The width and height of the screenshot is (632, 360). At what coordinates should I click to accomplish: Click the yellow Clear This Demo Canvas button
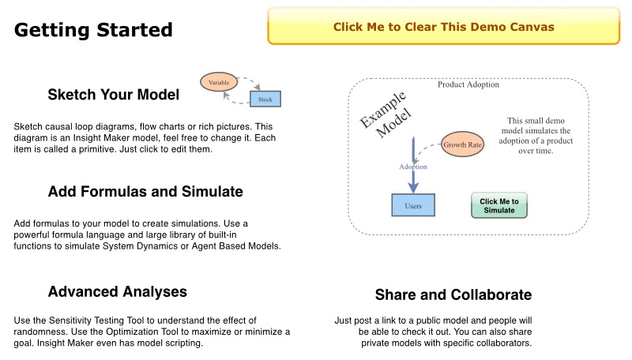pos(443,27)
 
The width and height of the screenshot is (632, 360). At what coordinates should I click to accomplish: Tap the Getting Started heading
pos(93,30)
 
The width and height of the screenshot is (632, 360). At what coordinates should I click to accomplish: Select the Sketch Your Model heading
pos(113,95)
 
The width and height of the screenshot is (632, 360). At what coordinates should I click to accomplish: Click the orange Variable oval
pos(220,81)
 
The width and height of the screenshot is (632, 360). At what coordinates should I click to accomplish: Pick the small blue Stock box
pos(265,99)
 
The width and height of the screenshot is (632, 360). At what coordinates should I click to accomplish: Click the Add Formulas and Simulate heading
pos(145,192)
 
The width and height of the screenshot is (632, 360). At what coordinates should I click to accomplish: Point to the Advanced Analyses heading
pos(117,291)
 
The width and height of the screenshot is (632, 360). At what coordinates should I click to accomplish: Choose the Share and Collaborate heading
pos(453,295)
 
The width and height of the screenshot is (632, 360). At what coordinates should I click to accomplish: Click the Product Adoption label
pos(468,84)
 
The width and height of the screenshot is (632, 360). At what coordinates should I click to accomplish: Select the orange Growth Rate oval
pos(462,145)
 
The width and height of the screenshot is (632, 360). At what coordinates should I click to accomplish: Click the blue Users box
pos(413,205)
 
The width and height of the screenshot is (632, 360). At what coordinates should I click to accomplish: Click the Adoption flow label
pos(413,167)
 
